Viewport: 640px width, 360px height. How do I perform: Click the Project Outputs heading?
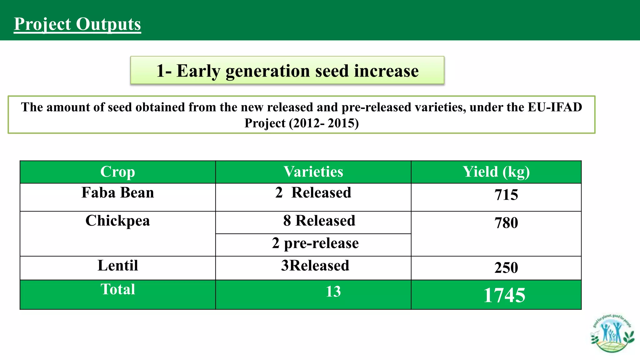(x=77, y=24)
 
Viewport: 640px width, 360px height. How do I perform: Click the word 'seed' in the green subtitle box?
(x=333, y=71)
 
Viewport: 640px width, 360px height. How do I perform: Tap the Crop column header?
(x=117, y=172)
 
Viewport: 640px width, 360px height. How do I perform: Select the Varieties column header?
(x=313, y=172)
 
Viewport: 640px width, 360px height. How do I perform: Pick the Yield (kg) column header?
(x=496, y=172)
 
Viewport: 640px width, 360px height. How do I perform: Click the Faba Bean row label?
(x=117, y=193)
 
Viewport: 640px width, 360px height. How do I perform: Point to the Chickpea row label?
(x=117, y=221)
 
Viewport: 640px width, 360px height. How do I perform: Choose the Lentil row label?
(x=117, y=266)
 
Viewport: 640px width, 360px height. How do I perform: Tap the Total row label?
(x=117, y=289)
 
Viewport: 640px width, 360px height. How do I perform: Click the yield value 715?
(x=506, y=195)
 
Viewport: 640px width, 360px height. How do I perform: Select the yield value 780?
(x=506, y=223)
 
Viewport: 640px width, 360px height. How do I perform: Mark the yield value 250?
(x=506, y=268)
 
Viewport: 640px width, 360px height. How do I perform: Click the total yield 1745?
(x=504, y=295)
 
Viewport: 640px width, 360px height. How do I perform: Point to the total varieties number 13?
(x=333, y=292)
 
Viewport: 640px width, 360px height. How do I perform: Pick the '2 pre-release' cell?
(x=315, y=243)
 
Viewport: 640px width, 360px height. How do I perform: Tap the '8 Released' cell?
(x=319, y=221)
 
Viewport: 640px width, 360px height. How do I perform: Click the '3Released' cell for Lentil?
(x=315, y=266)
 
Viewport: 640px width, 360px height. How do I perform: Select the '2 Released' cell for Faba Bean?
(x=313, y=193)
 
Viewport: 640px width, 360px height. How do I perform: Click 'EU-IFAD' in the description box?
(x=555, y=107)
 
